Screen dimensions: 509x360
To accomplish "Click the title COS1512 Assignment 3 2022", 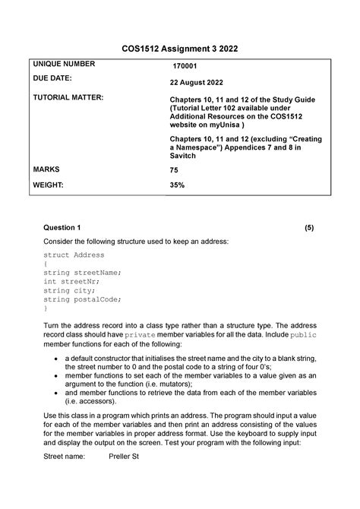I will (180, 49).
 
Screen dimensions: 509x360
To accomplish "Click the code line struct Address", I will (74, 255).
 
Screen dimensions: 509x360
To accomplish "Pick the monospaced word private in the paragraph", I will (140, 334).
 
